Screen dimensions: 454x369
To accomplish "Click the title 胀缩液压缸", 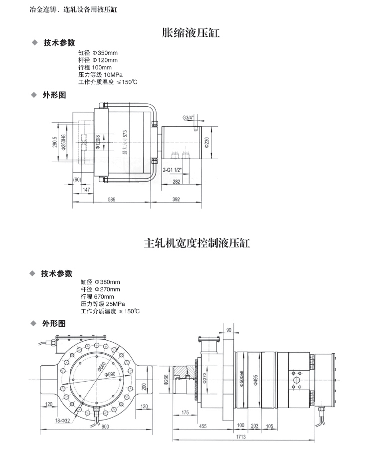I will [x=191, y=33].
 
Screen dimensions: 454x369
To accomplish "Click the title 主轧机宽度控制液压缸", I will [x=196, y=243].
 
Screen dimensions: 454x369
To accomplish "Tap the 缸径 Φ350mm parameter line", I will [x=98, y=53].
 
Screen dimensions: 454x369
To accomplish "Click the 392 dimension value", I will [x=176, y=199].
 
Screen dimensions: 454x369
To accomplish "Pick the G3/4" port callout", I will [x=188, y=118].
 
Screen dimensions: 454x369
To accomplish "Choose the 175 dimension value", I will [x=186, y=412].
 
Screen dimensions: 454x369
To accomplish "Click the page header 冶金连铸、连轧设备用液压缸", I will [x=74, y=9].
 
